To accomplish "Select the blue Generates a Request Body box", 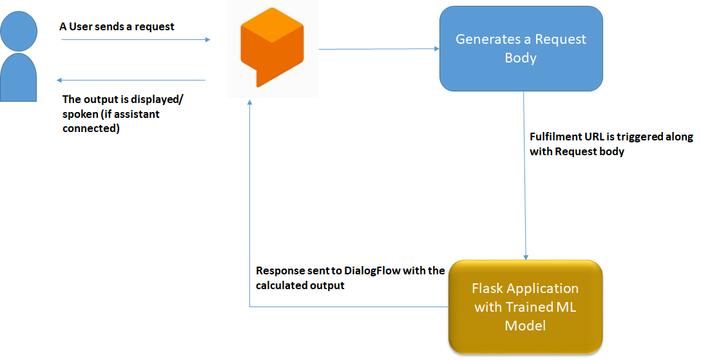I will [x=521, y=48].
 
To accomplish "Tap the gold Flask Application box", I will [x=525, y=307].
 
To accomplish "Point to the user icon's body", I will [x=19, y=77].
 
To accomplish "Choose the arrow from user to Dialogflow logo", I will [x=135, y=40].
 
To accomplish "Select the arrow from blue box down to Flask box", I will [x=525, y=174].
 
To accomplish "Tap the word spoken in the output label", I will [x=79, y=114].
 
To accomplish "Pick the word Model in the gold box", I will [x=525, y=325].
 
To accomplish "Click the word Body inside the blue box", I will [x=521, y=58].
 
